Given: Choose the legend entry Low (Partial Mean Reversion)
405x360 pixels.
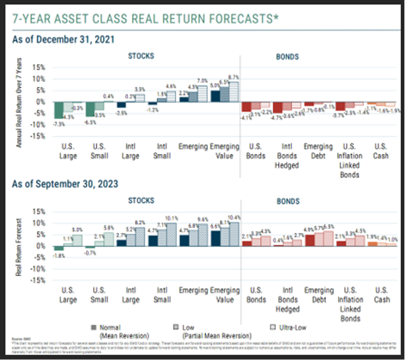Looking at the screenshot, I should tap(193, 330).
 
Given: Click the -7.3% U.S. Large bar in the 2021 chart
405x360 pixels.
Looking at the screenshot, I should tap(58, 110).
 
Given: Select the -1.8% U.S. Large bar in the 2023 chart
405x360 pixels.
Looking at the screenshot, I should tap(58, 248).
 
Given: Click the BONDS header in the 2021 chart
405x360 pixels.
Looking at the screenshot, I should tap(287, 57).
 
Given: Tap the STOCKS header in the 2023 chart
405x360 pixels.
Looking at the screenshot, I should tap(140, 200).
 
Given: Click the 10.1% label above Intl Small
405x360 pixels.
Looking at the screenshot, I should tap(171, 218).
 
